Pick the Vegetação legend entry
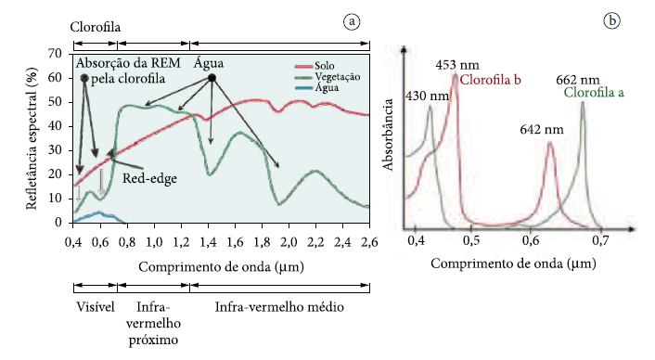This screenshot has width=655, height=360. click(x=339, y=77)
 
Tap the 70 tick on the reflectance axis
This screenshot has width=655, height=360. click(x=55, y=54)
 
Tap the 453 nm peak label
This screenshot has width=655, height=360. click(x=456, y=65)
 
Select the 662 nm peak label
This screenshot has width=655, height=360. click(x=576, y=80)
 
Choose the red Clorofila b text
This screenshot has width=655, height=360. click(x=490, y=81)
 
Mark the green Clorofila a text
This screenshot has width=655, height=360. click(x=594, y=93)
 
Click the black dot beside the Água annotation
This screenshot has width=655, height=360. click(x=212, y=79)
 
